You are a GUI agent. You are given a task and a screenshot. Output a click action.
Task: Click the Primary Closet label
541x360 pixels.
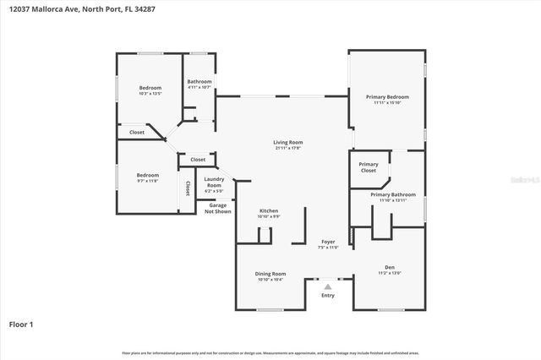coord(368,167)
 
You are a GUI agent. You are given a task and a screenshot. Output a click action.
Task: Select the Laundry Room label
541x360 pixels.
coord(214,182)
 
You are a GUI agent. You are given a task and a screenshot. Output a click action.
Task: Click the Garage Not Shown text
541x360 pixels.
coord(218,208)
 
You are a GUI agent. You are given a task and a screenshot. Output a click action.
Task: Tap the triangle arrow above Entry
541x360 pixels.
coord(328,286)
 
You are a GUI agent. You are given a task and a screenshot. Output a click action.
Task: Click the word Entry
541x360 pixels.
coord(328,295)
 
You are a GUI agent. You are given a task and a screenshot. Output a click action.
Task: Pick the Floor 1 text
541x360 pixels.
coord(21,324)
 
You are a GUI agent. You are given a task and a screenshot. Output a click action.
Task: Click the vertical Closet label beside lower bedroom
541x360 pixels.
coord(187,188)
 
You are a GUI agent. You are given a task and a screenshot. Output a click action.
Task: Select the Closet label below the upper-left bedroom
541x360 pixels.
coord(136,133)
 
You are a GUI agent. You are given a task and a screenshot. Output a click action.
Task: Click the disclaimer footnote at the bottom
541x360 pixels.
coord(270,352)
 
